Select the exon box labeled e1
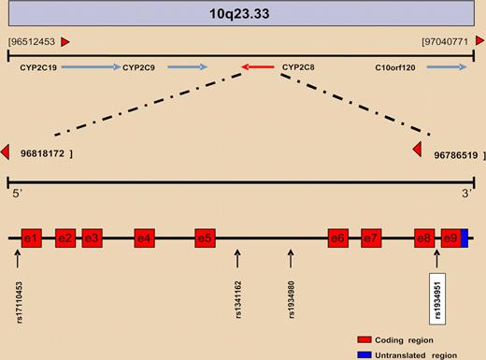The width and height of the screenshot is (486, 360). click(x=31, y=238)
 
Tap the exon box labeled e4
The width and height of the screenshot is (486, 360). click(x=143, y=238)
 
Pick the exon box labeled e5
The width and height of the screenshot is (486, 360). click(x=205, y=238)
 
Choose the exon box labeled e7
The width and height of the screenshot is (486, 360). click(x=371, y=238)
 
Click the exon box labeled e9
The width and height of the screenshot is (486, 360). click(x=450, y=238)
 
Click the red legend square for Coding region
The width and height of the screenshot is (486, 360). click(x=364, y=339)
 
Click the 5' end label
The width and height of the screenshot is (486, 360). click(x=13, y=194)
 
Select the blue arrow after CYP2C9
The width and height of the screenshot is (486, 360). click(x=189, y=67)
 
